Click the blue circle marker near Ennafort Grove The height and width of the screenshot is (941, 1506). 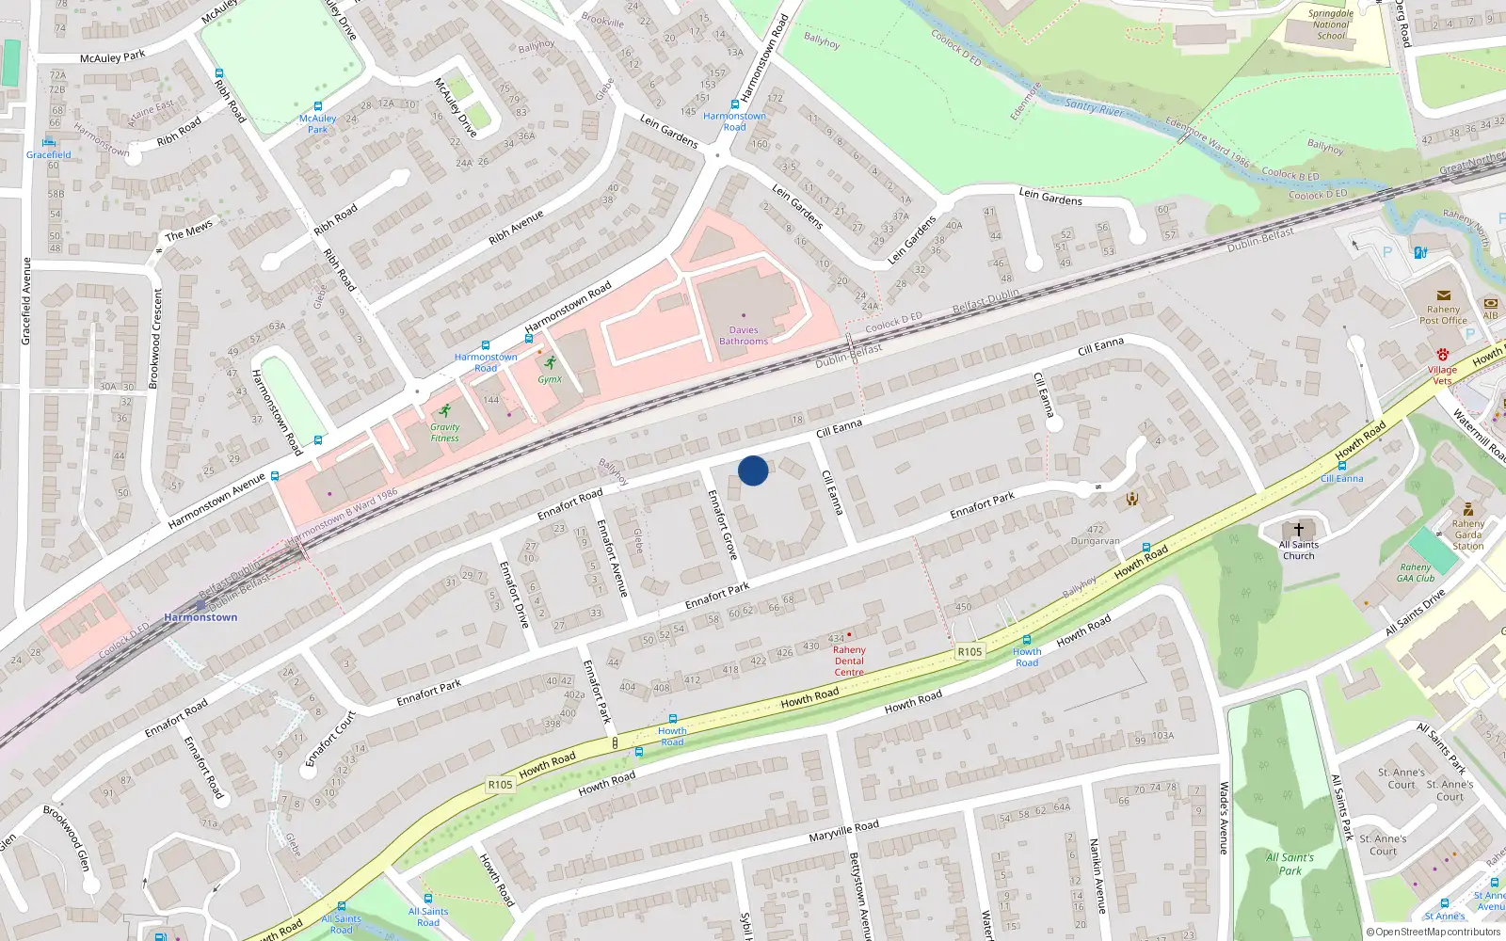click(x=753, y=470)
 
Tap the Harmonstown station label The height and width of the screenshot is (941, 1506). click(x=200, y=617)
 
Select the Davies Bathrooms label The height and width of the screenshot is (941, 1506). click(x=744, y=336)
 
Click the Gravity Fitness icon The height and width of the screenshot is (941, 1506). click(x=444, y=411)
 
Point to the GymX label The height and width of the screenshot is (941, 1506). click(x=550, y=379)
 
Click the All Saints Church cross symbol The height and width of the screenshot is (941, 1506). click(x=1299, y=529)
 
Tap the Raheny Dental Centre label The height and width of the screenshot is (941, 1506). click(x=849, y=661)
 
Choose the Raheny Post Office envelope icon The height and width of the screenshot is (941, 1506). click(x=1443, y=295)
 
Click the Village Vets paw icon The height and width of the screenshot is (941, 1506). click(x=1442, y=355)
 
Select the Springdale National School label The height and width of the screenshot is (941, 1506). click(x=1331, y=25)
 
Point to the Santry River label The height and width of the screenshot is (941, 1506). click(x=1094, y=107)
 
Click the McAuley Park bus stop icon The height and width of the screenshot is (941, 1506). click(x=318, y=106)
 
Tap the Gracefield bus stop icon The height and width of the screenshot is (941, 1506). click(x=49, y=142)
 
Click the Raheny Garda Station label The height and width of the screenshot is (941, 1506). click(x=1467, y=534)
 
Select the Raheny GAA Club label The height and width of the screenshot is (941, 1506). click(x=1415, y=572)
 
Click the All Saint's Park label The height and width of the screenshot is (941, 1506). click(x=1290, y=864)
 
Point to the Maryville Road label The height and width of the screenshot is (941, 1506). click(x=844, y=831)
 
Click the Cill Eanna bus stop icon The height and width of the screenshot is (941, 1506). click(x=1341, y=466)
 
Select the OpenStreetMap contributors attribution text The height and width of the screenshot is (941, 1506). click(x=1434, y=932)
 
